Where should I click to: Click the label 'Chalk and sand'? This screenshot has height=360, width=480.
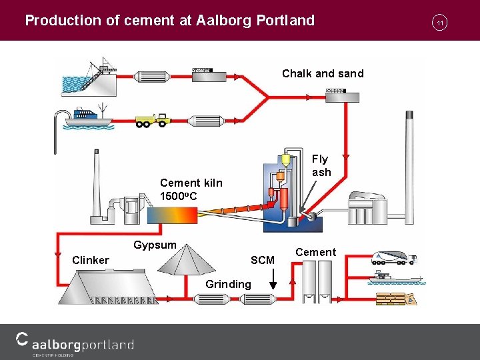323,73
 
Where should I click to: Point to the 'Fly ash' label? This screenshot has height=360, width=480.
321,165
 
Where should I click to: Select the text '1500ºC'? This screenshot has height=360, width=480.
177,196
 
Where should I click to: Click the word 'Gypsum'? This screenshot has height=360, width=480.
155,245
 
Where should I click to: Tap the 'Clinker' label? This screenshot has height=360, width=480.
91,260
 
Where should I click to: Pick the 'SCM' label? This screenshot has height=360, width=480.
262,260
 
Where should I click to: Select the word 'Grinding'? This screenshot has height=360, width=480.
229,284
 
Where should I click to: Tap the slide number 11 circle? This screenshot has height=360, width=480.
440,23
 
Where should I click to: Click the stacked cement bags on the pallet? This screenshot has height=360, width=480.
395,298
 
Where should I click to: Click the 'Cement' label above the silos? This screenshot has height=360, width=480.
315,252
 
